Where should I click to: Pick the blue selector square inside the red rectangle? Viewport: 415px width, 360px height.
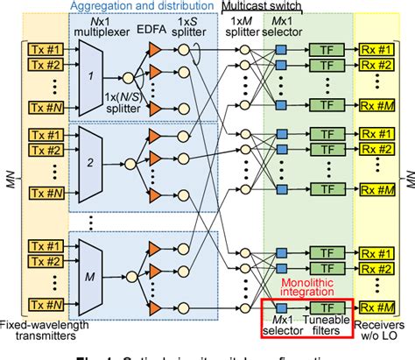(281, 307)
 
